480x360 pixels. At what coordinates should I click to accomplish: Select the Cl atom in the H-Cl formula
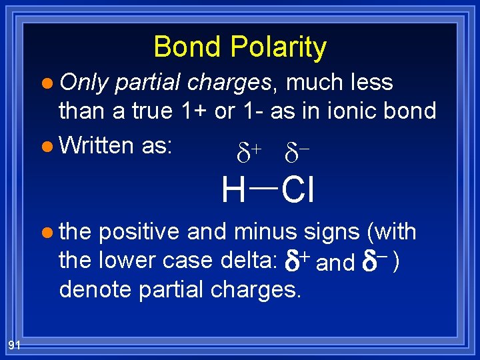(x=297, y=191)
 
